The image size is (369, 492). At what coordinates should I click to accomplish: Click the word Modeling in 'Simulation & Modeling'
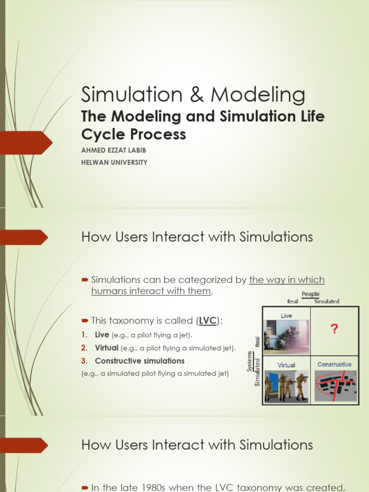click(x=258, y=96)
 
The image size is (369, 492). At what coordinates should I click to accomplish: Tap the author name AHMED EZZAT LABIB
click(x=113, y=150)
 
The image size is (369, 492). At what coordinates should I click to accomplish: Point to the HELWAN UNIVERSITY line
click(x=114, y=162)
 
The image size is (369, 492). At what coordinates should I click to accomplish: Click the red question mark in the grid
click(x=334, y=329)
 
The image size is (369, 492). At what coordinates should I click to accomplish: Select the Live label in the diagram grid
click(x=286, y=316)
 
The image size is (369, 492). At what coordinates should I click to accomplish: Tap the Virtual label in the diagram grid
click(x=286, y=365)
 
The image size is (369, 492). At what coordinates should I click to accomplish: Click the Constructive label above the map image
click(x=334, y=365)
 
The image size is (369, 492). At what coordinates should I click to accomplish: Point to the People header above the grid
click(x=310, y=294)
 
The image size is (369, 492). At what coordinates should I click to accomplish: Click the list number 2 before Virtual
click(x=85, y=348)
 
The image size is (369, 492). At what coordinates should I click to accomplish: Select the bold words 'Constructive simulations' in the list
click(x=139, y=361)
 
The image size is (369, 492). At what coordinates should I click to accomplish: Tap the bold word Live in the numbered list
click(x=102, y=335)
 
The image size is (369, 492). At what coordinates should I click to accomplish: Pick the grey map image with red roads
click(x=335, y=385)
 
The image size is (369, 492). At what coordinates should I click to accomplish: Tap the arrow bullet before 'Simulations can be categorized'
click(x=85, y=280)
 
